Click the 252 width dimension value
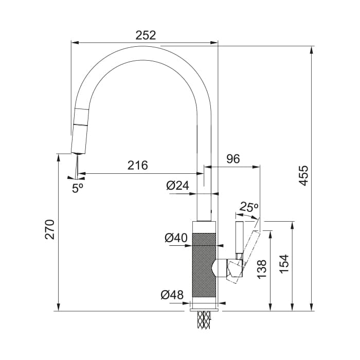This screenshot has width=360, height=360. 146,35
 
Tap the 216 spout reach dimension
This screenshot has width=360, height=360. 138,165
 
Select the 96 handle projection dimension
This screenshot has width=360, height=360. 233,159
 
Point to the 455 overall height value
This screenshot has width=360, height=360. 304,176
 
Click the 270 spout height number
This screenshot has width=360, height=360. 50,229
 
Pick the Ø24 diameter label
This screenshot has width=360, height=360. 178,186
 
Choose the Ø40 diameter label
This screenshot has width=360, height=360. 176,238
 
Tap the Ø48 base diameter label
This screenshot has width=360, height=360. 172,295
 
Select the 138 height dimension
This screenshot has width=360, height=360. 262,269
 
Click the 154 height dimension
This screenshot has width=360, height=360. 284,264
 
